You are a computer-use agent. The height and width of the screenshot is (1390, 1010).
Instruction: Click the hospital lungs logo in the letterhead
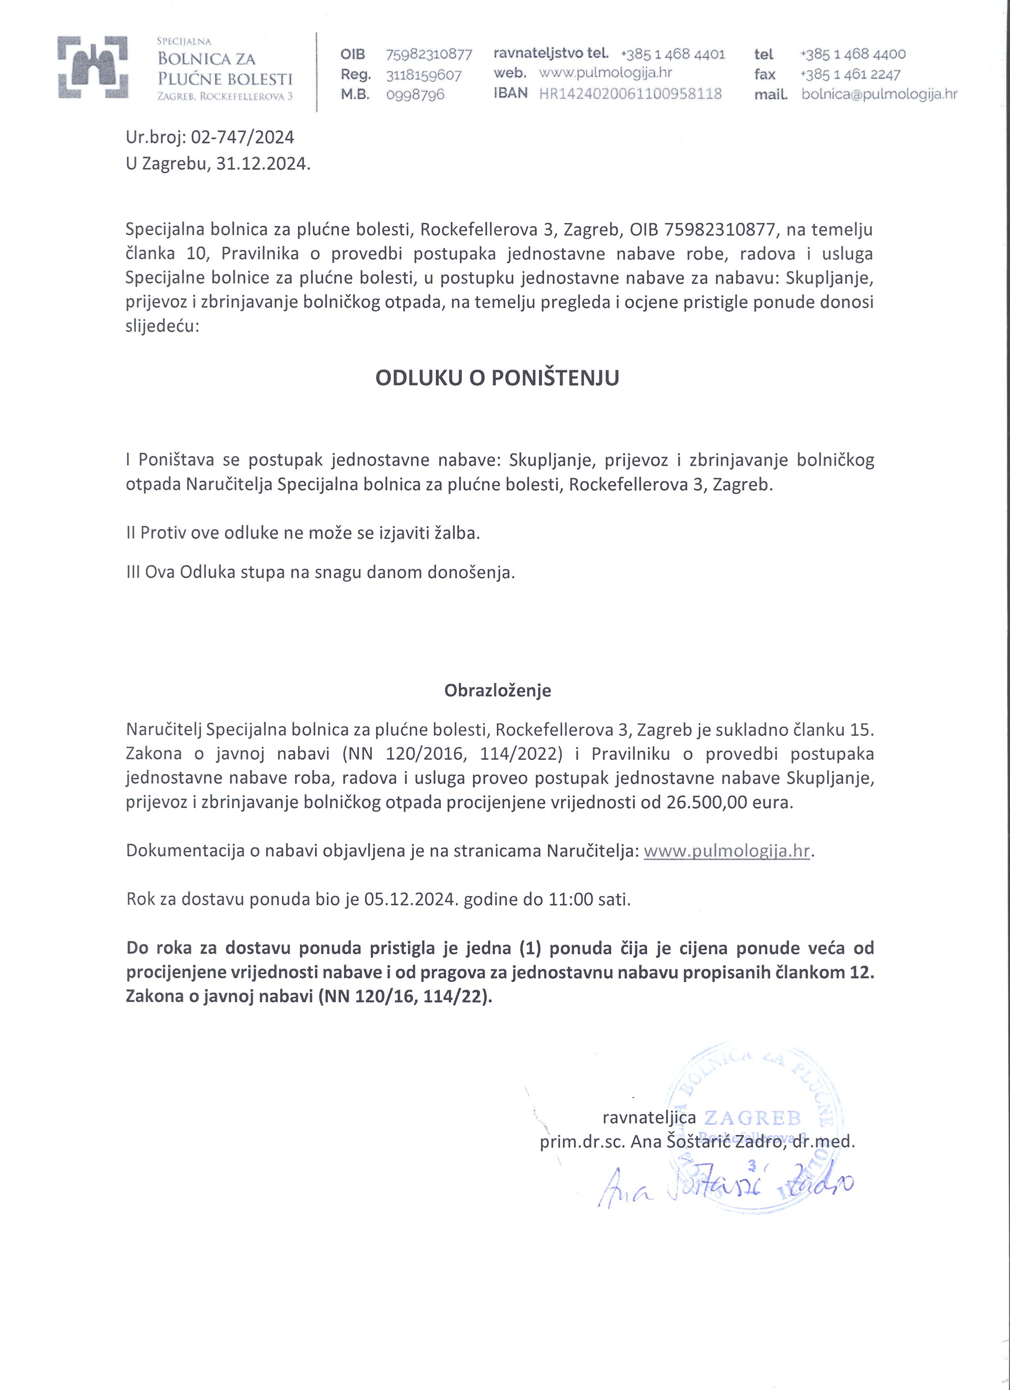pyautogui.click(x=93, y=67)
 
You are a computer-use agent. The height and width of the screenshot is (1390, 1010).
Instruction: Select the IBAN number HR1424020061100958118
pyautogui.click(x=630, y=94)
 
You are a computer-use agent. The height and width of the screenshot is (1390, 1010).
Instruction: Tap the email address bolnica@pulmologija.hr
pyautogui.click(x=879, y=94)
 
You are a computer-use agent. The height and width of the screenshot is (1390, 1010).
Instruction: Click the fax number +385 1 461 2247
pyautogui.click(x=850, y=74)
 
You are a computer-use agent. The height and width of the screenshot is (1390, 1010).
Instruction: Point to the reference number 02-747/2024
pyautogui.click(x=243, y=137)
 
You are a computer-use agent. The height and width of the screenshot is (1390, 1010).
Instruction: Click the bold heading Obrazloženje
pyautogui.click(x=497, y=691)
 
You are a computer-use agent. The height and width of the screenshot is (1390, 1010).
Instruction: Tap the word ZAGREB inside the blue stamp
pyautogui.click(x=752, y=1118)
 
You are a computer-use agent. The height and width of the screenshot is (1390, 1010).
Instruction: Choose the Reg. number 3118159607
pyautogui.click(x=423, y=75)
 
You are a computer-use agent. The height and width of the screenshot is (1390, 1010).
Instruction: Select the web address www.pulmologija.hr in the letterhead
pyautogui.click(x=606, y=73)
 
